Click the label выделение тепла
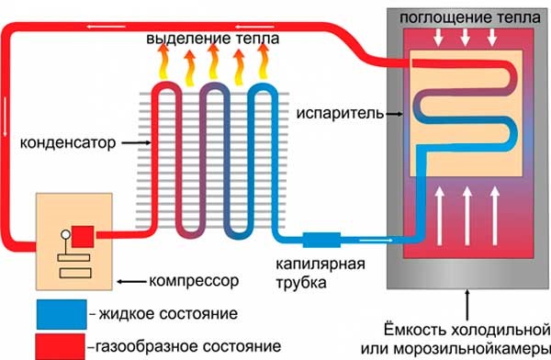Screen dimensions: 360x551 [212, 41]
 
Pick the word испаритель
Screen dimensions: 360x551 [339, 113]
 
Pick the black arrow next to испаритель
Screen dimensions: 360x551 [391, 114]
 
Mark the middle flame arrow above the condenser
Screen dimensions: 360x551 [213, 65]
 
